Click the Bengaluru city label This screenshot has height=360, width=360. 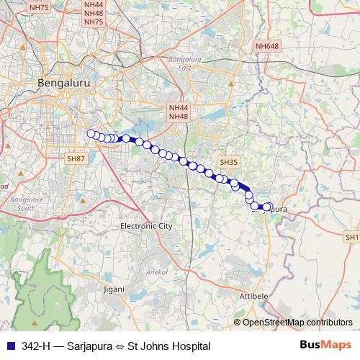pos(63,83)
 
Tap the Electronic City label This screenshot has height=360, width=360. pos(147,225)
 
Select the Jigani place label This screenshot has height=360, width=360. pos(113,289)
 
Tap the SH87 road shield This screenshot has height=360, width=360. pos(76,158)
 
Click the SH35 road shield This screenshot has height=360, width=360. pos(229,163)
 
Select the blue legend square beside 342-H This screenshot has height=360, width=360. pos(10,346)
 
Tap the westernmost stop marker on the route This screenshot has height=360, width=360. pos(91,132)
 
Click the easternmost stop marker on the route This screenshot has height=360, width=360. pos(269,207)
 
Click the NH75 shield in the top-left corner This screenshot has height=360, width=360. pos(38,8)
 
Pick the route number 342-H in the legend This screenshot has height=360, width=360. pos(36,346)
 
